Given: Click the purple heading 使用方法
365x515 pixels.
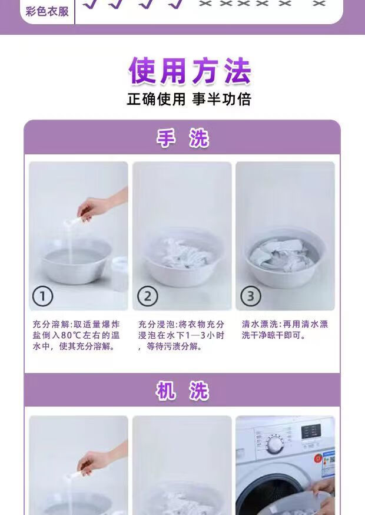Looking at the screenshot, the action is [190, 71].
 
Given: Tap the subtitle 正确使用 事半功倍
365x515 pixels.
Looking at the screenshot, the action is [189, 99].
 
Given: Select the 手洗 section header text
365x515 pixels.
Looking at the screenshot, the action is [182, 138].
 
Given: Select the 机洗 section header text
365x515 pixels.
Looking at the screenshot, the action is [182, 391].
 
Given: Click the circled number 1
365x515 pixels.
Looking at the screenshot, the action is [42, 296].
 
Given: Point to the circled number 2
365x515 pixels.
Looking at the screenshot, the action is [147, 296].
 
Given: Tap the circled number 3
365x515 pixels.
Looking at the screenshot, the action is [251, 296].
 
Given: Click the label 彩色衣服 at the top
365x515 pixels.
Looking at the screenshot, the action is [47, 12].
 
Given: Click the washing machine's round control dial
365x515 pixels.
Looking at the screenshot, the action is [274, 444].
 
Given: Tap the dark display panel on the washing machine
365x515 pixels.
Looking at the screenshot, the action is [311, 431].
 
